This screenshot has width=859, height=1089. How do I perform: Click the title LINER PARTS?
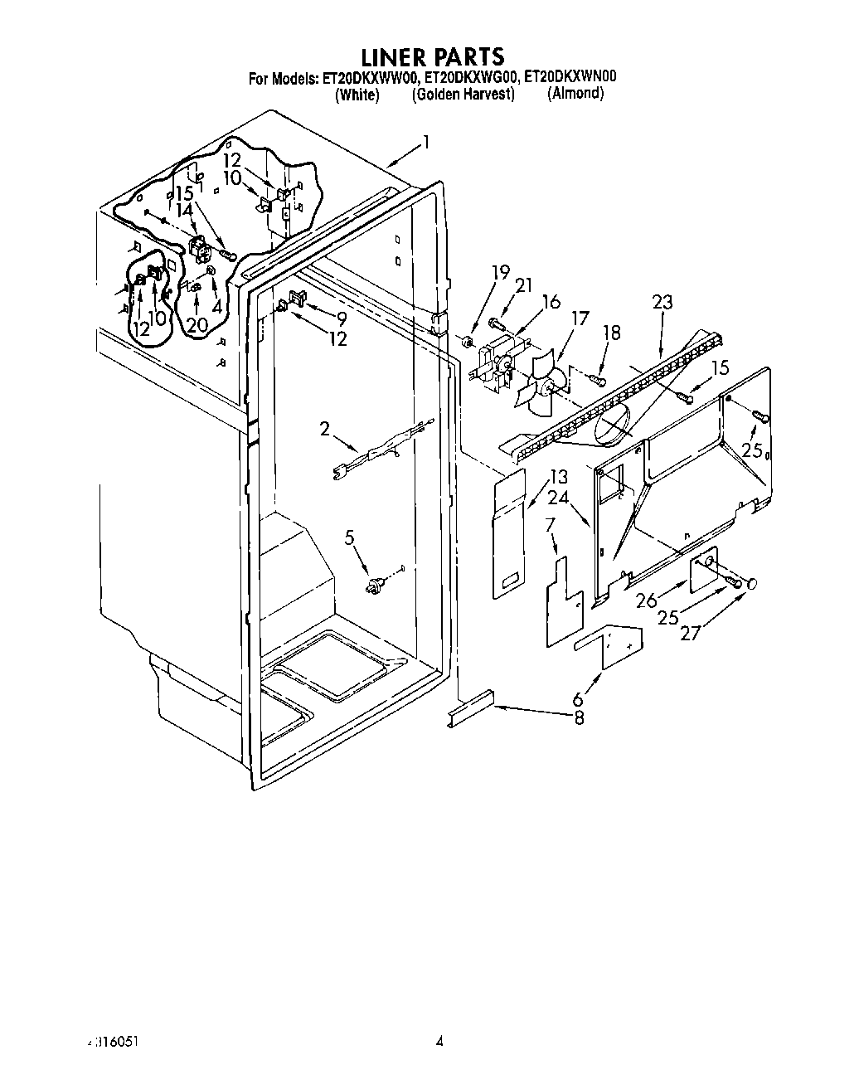(x=431, y=56)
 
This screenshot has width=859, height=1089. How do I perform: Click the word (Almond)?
(x=575, y=94)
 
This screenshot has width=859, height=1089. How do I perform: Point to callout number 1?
(x=426, y=142)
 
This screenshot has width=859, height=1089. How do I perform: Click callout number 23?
(x=662, y=302)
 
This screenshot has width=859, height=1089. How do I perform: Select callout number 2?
(x=326, y=429)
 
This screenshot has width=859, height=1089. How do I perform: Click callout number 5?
(x=349, y=538)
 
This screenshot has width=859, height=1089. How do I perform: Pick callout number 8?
(x=580, y=719)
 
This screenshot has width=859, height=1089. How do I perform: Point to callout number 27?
(x=689, y=634)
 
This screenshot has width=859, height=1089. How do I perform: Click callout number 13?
(x=559, y=477)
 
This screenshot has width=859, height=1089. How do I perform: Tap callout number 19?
(x=499, y=271)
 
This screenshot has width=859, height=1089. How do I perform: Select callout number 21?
(x=523, y=285)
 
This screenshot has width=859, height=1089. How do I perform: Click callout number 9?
(x=342, y=318)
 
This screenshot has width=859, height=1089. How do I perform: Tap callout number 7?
(x=550, y=524)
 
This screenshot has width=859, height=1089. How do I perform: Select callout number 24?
(x=558, y=498)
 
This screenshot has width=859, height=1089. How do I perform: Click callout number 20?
(x=196, y=325)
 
